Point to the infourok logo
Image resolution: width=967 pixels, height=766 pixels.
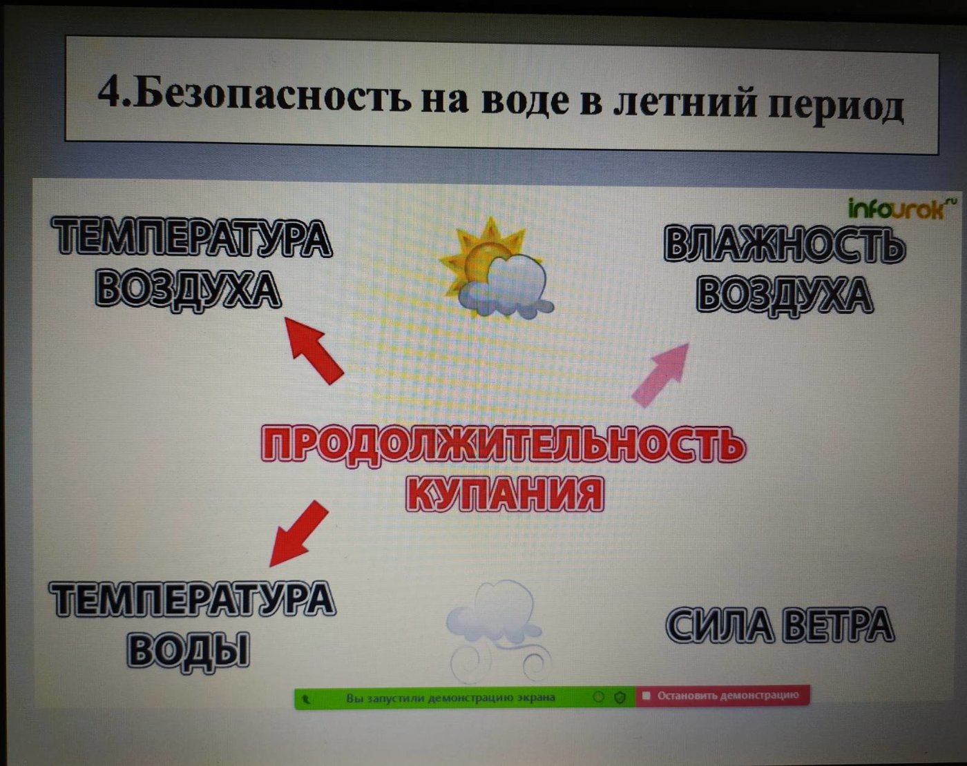896,210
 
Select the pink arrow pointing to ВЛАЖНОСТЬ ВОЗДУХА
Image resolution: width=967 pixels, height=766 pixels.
660,375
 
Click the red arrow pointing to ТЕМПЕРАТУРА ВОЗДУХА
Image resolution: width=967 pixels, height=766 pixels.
314,351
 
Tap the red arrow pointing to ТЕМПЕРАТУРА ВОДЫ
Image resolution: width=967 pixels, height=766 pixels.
299,533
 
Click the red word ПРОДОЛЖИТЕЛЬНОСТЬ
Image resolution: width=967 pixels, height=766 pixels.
503,445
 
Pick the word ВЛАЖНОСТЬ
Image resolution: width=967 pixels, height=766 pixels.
784,244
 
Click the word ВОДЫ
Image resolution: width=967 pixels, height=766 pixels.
189,649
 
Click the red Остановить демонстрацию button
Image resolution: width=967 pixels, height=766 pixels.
722,696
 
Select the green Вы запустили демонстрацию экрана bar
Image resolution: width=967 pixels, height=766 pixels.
465,698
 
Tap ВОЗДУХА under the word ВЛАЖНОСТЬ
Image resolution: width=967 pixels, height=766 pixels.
784,294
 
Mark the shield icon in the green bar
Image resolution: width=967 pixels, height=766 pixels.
620,697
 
